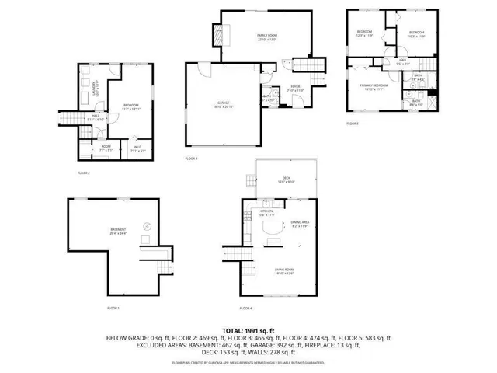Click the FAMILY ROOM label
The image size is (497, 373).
268,36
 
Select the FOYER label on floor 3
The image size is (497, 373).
295,87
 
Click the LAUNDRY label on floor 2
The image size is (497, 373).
95,85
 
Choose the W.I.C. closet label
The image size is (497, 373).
136,146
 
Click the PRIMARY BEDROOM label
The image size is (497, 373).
374,85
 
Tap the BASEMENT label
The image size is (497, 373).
118,229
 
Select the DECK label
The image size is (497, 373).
285,177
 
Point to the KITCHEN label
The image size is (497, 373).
266,211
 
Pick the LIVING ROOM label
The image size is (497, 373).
284,270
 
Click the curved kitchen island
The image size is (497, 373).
273,228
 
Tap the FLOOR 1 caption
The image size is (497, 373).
113,309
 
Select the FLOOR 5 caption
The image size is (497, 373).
353,124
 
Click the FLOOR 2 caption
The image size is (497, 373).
84,173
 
